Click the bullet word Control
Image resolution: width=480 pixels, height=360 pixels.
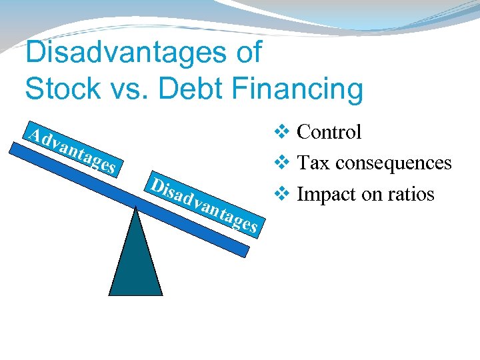[x=329, y=132]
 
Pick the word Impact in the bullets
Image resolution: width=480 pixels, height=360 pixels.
[x=321, y=194]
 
